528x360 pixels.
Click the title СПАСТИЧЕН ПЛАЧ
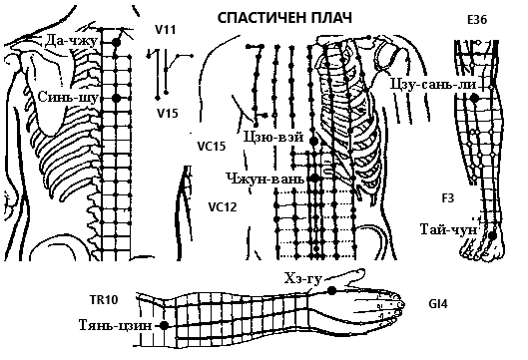tap(284, 18)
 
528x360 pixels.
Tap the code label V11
tap(166, 30)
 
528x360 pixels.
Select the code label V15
tap(168, 114)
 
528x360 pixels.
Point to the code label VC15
tap(212, 146)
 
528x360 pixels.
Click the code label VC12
tap(223, 206)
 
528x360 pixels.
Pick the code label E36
tap(477, 20)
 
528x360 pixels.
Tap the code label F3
tap(448, 198)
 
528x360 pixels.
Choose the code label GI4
tap(438, 304)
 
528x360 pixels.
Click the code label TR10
tap(104, 299)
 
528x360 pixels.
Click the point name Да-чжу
tap(71, 40)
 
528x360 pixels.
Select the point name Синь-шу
tap(68, 97)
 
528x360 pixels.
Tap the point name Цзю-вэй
tap(273, 137)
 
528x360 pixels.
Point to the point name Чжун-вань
tap(265, 179)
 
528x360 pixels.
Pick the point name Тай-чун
tap(449, 229)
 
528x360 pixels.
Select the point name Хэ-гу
tap(303, 279)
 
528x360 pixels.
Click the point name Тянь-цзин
tap(115, 325)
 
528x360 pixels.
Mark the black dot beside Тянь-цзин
tap(164, 326)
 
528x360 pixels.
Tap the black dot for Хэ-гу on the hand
tap(332, 290)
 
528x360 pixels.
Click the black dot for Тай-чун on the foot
tap(492, 236)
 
